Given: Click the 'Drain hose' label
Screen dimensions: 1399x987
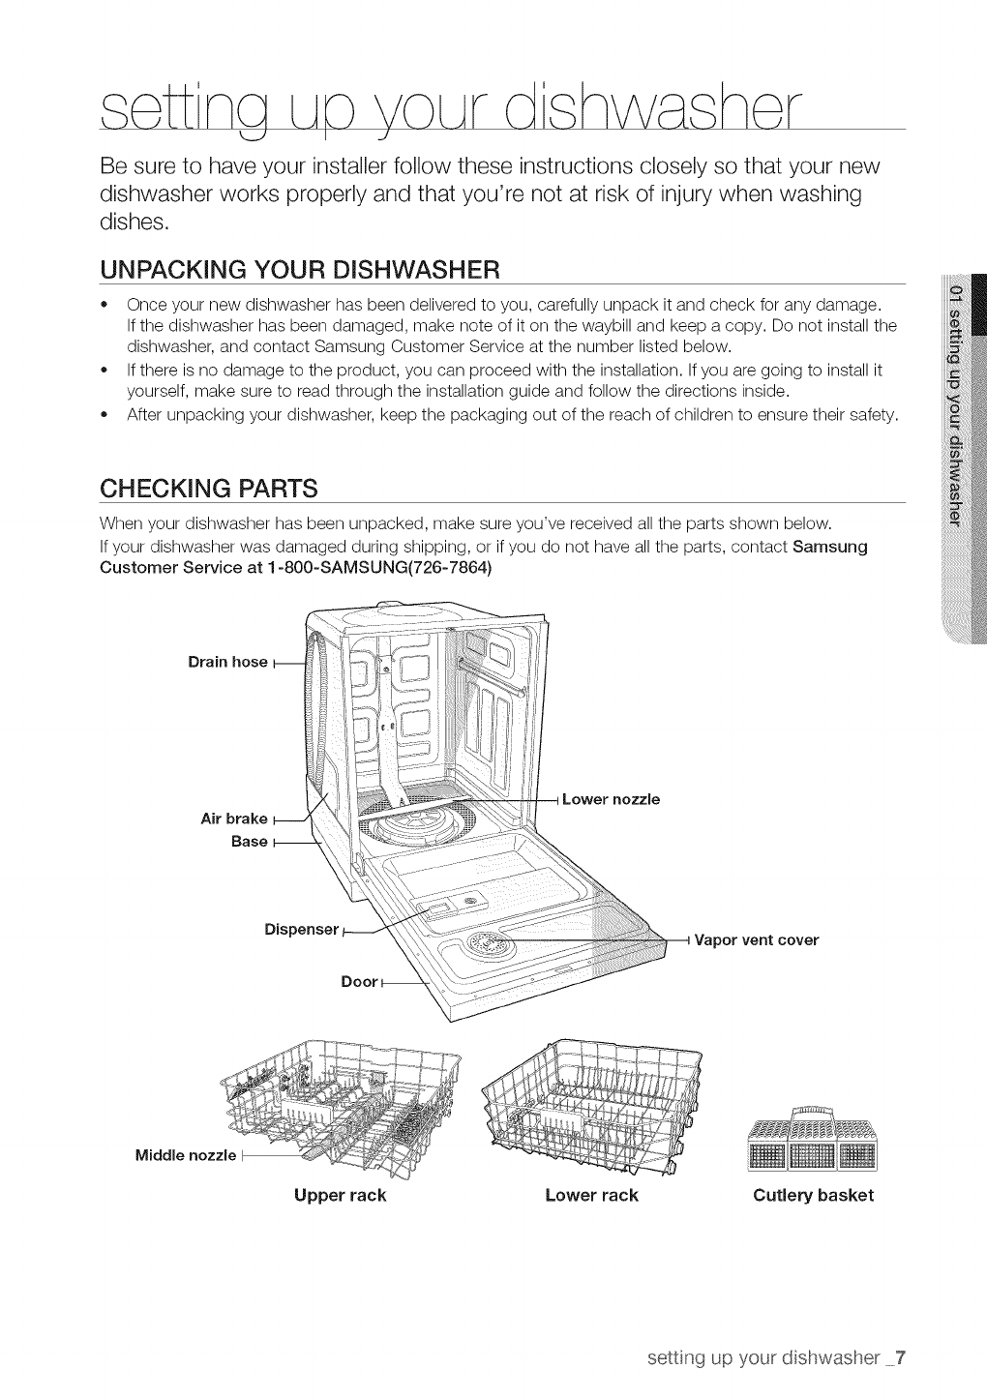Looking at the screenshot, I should (227, 662).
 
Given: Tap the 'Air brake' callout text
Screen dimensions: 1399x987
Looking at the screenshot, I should (233, 819).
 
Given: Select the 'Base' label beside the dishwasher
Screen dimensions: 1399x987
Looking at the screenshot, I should (249, 842).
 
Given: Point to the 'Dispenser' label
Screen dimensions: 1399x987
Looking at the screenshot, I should (301, 930).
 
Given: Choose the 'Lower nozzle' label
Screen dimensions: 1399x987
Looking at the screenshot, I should (611, 799).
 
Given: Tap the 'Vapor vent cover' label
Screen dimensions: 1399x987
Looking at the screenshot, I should (757, 939).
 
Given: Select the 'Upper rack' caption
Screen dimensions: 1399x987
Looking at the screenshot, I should (340, 1195).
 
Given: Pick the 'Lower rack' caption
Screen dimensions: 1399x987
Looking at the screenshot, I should (591, 1195).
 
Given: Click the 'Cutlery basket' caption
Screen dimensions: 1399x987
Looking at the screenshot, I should (813, 1195).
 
